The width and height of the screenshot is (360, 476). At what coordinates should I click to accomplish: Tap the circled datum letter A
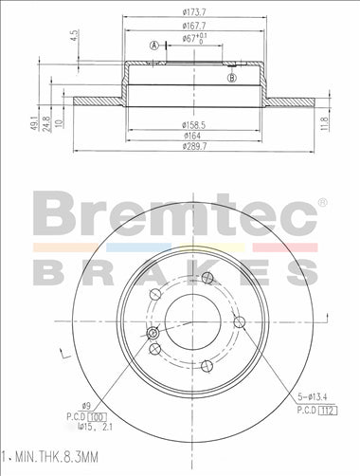[154, 45]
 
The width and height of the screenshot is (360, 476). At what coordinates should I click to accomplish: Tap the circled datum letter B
[232, 77]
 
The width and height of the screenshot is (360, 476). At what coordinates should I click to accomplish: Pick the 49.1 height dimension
[35, 121]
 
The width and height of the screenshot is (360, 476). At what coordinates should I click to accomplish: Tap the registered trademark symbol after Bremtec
[322, 202]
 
